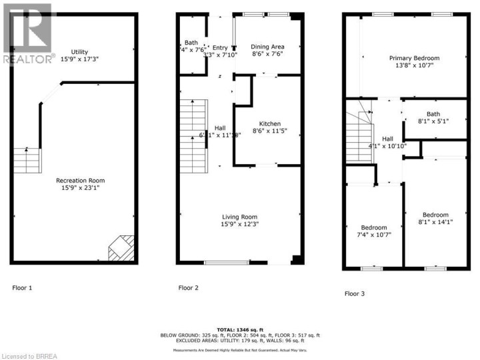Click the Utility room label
point(80,52)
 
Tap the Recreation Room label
point(80,180)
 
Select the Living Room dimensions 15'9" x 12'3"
point(239,225)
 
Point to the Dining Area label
point(267,47)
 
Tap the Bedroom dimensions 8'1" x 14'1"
point(435,222)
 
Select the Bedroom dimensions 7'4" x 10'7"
point(374,235)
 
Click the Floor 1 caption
point(22,288)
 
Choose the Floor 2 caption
point(189,288)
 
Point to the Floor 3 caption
point(355,293)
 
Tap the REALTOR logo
point(27,33)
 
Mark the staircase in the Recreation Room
point(28,161)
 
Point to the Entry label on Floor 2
point(220,47)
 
